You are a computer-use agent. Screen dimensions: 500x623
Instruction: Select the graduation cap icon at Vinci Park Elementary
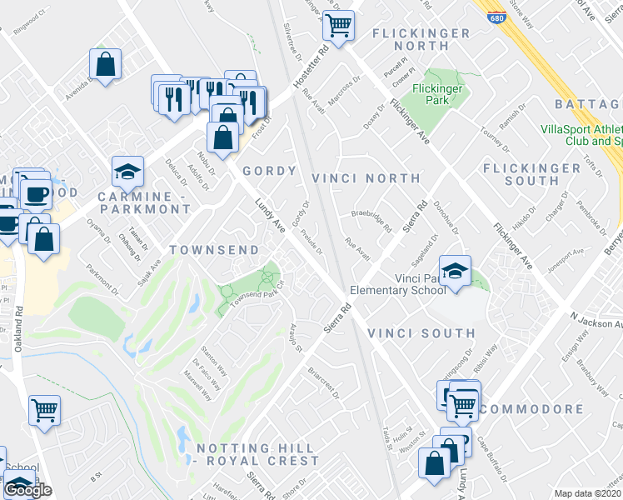tap(455, 271)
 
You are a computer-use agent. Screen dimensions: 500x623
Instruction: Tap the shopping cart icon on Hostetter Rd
tap(338, 25)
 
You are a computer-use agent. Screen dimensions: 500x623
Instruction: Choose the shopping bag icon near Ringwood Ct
tap(106, 63)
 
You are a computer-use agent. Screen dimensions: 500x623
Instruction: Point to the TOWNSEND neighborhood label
tap(205, 250)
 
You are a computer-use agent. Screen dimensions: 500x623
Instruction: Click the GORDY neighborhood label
tap(269, 171)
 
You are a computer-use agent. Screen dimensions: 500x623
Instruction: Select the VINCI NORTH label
tap(366, 178)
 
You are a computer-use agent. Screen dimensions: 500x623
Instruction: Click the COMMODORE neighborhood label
tap(531, 409)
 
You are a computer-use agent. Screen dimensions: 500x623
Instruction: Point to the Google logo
tap(27, 490)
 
